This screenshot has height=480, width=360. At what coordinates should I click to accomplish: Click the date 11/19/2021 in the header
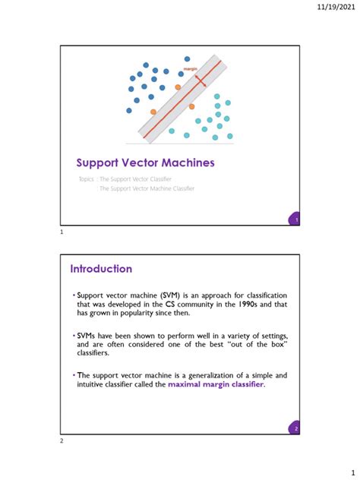[336, 9]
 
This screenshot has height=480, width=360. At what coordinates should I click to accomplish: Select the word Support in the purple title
[99, 163]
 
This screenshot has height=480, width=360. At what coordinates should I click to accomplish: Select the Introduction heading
[101, 269]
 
